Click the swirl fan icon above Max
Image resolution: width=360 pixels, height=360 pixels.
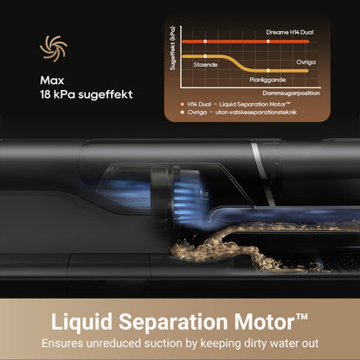click(54, 48)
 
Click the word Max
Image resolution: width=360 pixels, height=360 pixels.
click(52, 80)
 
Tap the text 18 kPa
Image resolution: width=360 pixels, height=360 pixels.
click(58, 94)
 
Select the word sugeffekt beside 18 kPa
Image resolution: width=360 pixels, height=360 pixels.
click(106, 94)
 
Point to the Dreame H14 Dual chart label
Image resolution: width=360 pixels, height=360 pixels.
click(290, 32)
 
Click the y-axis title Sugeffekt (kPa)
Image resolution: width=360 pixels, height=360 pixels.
click(172, 48)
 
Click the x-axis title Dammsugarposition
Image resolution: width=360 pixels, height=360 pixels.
click(291, 93)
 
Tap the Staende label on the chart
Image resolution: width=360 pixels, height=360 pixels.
click(205, 65)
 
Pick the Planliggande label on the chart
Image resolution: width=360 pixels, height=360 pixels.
click(267, 80)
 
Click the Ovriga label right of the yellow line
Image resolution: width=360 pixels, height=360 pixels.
click(305, 62)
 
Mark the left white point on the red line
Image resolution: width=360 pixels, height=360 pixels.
click(205, 42)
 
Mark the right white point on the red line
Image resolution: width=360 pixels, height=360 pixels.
click(268, 42)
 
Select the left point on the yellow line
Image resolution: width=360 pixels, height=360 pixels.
click(205, 56)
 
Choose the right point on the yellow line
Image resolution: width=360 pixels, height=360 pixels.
click(268, 70)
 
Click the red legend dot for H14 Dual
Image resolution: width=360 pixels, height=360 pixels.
click(182, 104)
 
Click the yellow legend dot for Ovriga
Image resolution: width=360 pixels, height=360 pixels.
click(182, 112)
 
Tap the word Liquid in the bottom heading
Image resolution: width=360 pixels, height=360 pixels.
click(81, 322)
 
